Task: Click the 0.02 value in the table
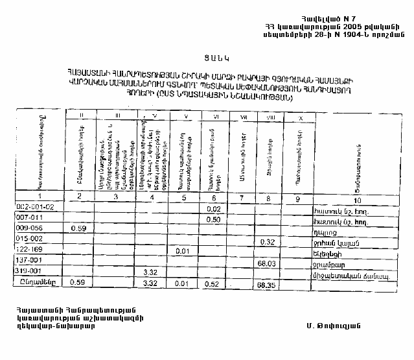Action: pos(214,209)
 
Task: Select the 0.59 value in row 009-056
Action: pos(78,229)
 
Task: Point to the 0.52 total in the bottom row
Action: pos(214,283)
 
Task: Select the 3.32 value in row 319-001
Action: pos(150,272)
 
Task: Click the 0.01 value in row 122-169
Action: pos(182,251)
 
